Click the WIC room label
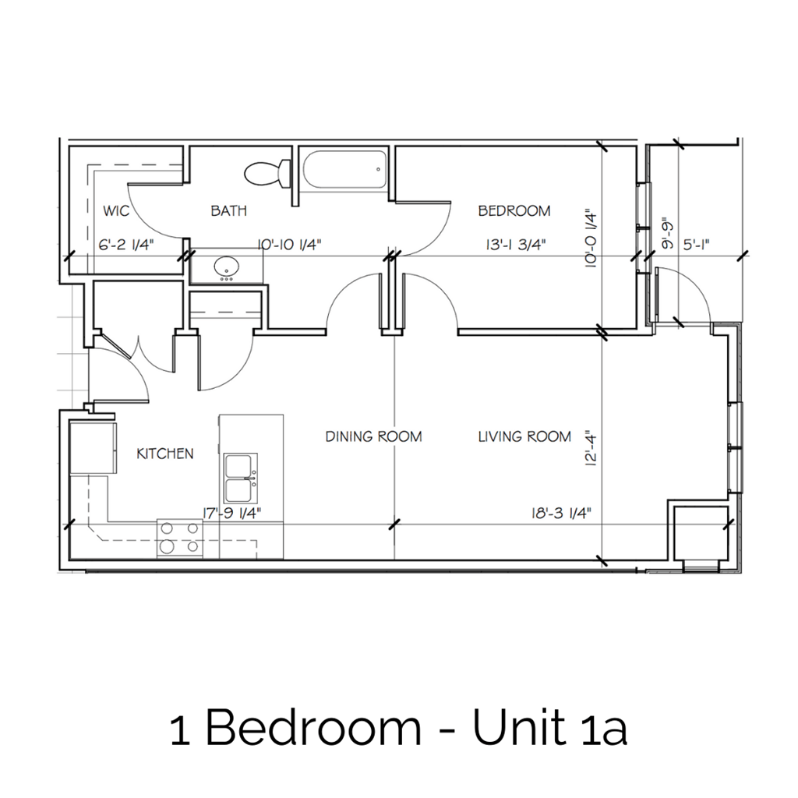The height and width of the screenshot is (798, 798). [115, 210]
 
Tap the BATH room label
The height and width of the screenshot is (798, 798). [229, 210]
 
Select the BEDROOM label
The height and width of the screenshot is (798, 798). [514, 210]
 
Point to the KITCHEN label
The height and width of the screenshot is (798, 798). [165, 454]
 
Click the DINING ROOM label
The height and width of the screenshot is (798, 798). [373, 436]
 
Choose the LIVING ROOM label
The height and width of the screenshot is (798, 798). [524, 436]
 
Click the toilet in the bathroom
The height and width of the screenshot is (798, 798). [265, 173]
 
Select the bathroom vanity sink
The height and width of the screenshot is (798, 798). [228, 267]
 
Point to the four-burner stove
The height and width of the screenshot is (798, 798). [179, 538]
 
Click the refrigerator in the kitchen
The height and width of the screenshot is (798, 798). [93, 448]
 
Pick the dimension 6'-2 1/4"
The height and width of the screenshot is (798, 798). [126, 245]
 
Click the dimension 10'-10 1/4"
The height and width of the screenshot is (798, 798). [289, 245]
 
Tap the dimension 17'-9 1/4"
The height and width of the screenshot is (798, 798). [231, 513]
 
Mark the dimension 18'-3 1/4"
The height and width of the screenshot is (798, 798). [556, 513]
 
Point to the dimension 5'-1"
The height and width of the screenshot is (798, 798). [696, 245]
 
